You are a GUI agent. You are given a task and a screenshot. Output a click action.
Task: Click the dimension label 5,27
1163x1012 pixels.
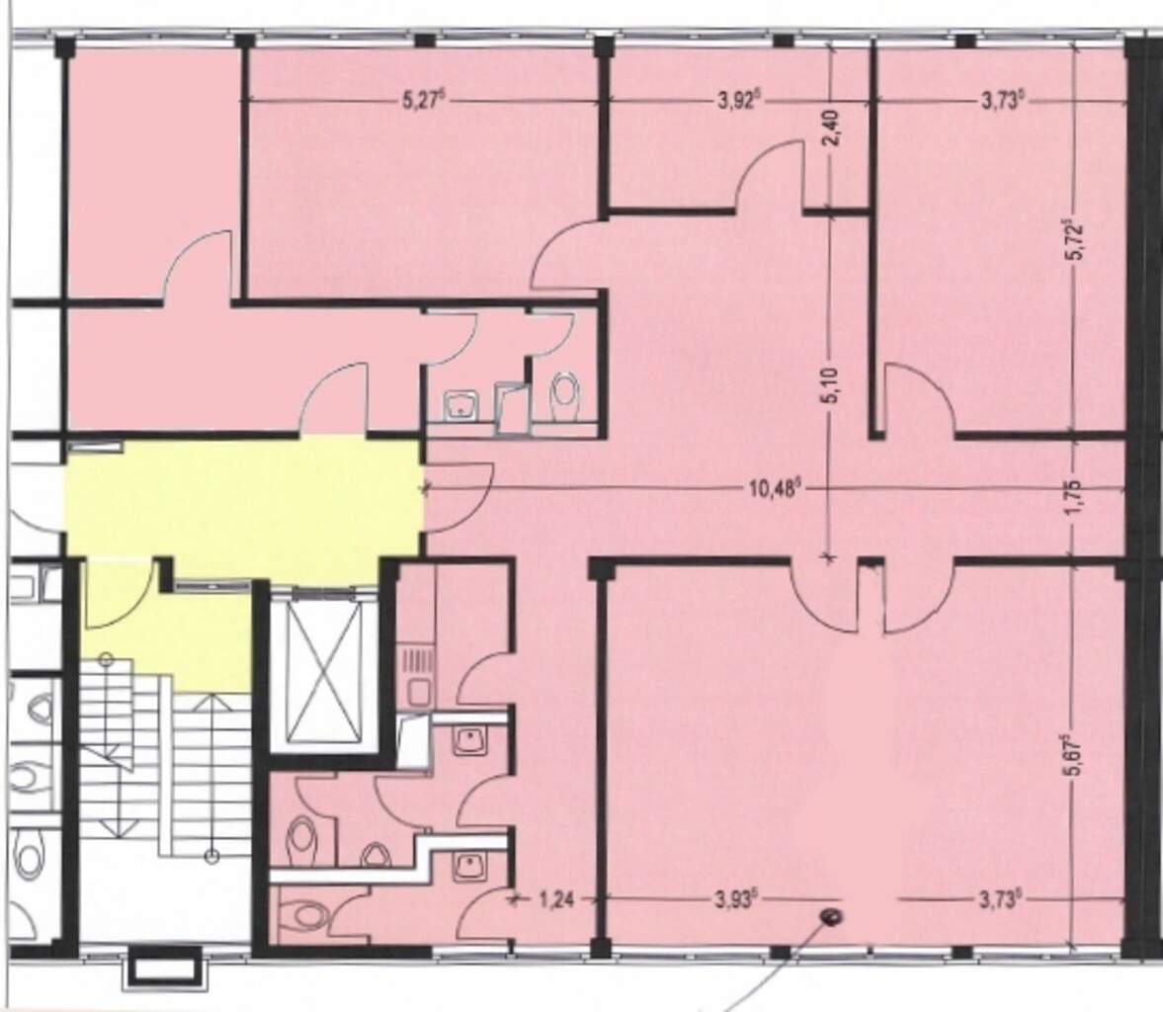pyautogui.click(x=423, y=100)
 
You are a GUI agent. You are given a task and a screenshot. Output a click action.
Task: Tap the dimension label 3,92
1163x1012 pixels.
pyautogui.click(x=739, y=100)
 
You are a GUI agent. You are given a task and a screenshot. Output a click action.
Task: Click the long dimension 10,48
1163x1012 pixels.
pyautogui.click(x=772, y=488)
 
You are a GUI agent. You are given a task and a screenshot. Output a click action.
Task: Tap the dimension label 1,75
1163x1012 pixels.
pyautogui.click(x=1077, y=497)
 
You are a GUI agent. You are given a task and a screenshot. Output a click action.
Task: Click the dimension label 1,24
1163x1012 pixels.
pyautogui.click(x=556, y=900)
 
